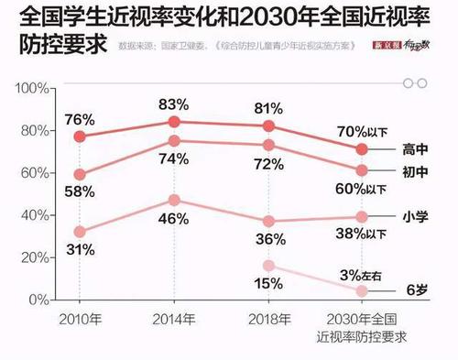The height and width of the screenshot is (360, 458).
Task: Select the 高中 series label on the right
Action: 416,149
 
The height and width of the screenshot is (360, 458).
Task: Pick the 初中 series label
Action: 416,170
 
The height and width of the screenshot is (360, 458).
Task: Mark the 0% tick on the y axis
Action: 38,300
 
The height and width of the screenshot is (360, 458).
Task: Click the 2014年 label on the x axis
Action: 172,320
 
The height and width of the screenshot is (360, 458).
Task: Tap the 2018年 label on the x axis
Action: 267,320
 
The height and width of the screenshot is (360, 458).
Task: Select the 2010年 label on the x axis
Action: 79,320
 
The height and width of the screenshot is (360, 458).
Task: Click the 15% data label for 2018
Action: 267,283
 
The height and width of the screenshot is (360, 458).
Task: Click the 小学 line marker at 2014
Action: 174,200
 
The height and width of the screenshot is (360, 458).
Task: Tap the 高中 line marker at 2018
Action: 268,125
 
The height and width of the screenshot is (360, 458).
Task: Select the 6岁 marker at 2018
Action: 268,266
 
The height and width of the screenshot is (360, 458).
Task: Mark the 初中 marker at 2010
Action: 81,174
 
